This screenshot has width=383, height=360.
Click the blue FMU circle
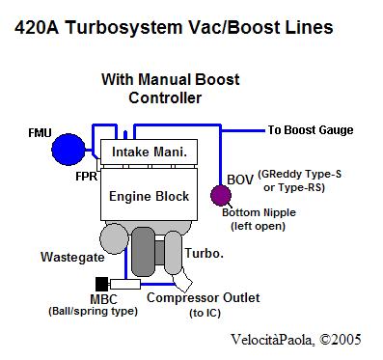[68, 150]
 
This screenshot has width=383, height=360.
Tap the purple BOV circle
[221, 195]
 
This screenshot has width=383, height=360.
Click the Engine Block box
[149, 194]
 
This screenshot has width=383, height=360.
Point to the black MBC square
[102, 284]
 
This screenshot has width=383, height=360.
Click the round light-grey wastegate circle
[114, 238]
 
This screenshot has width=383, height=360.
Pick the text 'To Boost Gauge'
[311, 130]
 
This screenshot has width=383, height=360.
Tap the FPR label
[86, 177]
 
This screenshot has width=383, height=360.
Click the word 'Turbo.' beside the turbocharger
[205, 253]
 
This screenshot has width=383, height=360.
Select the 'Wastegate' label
[72, 257]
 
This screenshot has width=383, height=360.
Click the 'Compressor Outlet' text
[204, 297]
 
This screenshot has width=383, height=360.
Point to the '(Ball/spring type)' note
[93, 311]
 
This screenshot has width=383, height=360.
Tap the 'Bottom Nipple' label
[259, 212]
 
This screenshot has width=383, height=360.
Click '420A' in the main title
[37, 27]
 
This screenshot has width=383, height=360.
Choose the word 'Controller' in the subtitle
[165, 97]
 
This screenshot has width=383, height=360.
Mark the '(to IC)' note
[205, 313]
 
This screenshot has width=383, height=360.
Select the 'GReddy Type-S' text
[300, 175]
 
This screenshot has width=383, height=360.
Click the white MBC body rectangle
[125, 284]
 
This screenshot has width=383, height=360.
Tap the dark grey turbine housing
[144, 252]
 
